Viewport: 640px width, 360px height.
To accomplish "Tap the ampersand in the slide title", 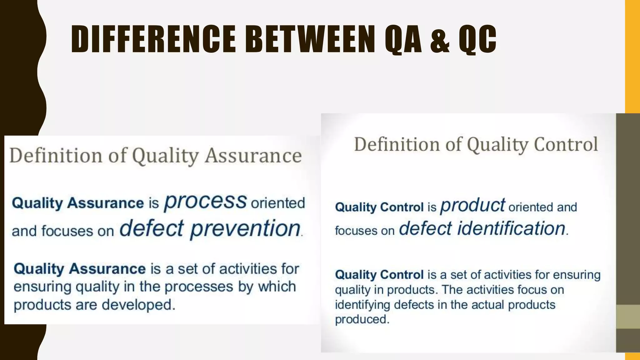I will pyautogui.click(x=440, y=39).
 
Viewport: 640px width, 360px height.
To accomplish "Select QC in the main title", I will pyautogui.click(x=477, y=39).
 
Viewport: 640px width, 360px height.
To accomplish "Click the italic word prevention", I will pyautogui.click(x=246, y=229).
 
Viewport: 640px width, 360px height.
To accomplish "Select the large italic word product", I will pyautogui.click(x=472, y=206).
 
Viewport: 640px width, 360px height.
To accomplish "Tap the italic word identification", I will pyautogui.click(x=511, y=228).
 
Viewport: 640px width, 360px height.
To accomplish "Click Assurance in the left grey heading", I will pyautogui.click(x=253, y=156).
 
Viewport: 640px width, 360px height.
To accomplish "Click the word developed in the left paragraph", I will pyautogui.click(x=138, y=305).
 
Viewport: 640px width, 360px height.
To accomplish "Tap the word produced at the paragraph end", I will pyautogui.click(x=362, y=319).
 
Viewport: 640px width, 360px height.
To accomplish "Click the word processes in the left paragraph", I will pyautogui.click(x=199, y=287).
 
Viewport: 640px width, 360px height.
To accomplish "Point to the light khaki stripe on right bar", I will pyautogui.click(x=627, y=317).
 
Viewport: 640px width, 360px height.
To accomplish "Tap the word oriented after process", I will pyautogui.click(x=278, y=203).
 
